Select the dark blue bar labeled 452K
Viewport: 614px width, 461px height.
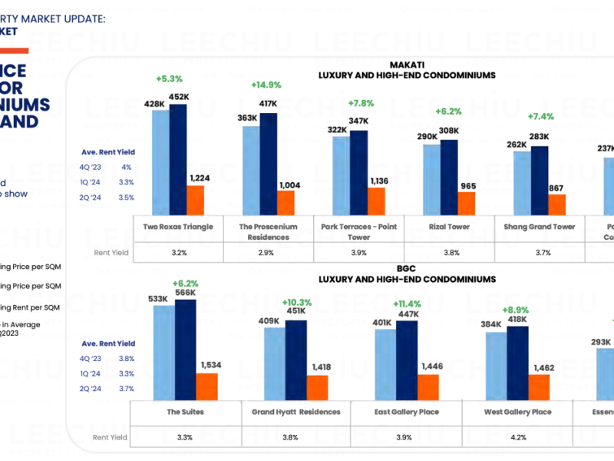point(178,159)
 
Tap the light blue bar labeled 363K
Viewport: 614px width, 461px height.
point(250,170)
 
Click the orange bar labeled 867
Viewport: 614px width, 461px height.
point(556,204)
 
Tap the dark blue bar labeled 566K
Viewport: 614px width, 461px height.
point(184,351)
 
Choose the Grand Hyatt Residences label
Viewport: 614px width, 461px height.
point(295,412)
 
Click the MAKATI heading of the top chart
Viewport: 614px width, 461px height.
point(407,65)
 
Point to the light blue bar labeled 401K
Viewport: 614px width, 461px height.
point(385,366)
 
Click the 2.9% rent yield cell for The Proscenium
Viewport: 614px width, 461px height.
point(268,253)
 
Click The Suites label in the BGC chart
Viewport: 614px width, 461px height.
point(184,412)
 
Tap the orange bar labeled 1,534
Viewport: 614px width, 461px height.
point(206,387)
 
